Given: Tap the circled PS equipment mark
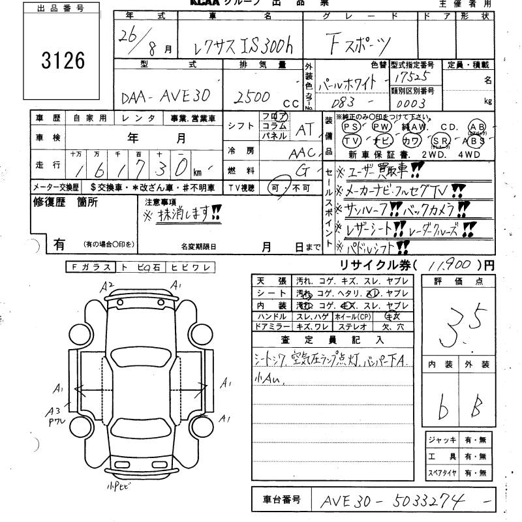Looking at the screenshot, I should pyautogui.click(x=351, y=127).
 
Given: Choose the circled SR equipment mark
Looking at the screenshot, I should pyautogui.click(x=442, y=140).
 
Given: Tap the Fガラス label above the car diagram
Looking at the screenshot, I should pyautogui.click(x=91, y=267).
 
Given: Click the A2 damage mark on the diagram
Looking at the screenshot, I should pyautogui.click(x=108, y=284).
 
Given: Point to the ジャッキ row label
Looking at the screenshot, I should pyautogui.click(x=438, y=440).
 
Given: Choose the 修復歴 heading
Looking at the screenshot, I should pyautogui.click(x=49, y=202).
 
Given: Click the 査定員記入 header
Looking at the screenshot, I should pyautogui.click(x=333, y=339).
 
